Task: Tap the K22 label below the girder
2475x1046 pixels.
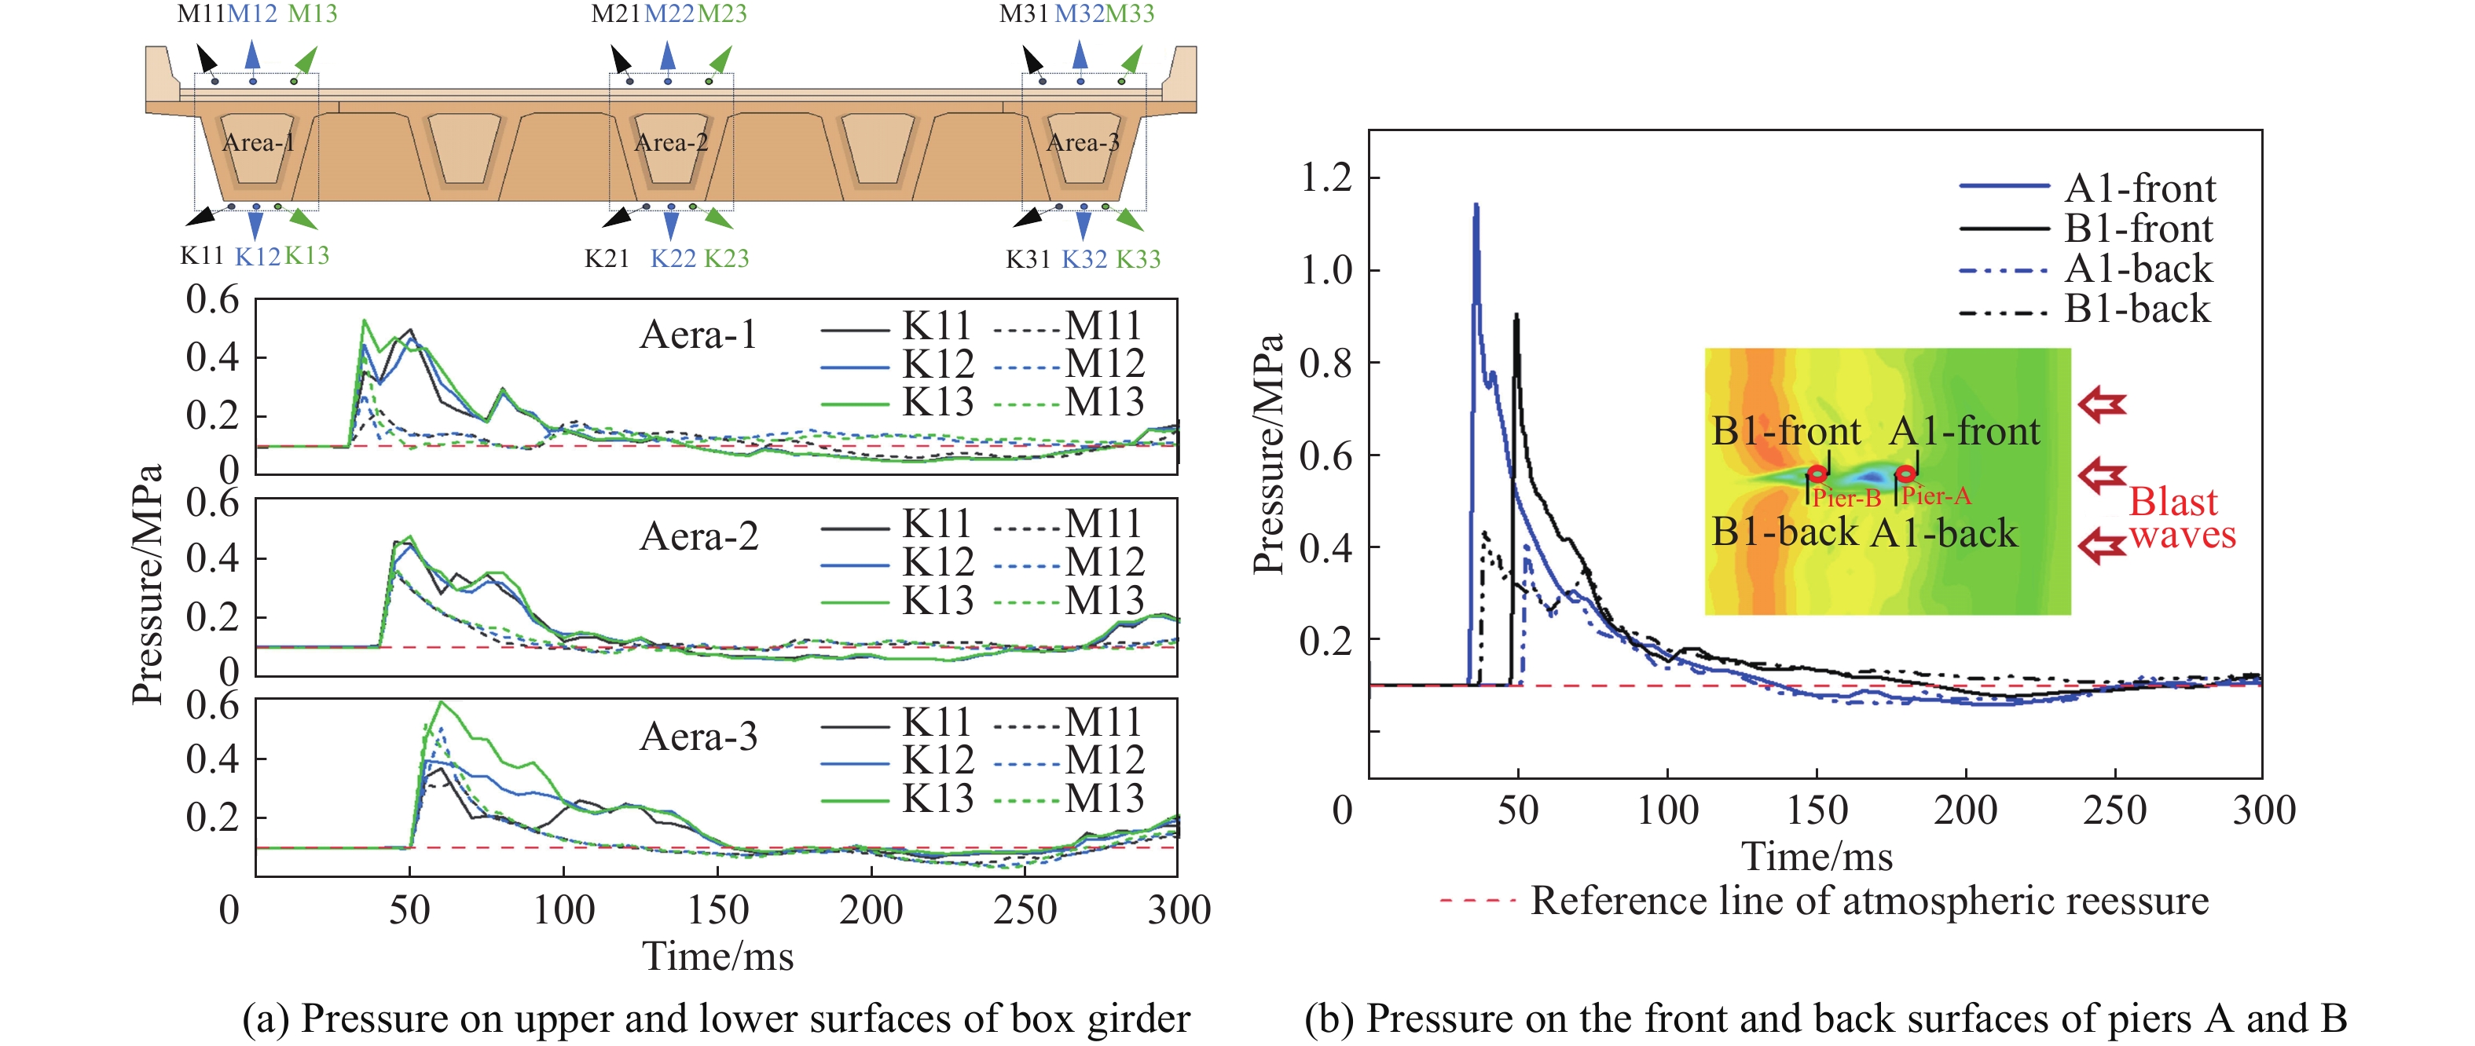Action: [673, 258]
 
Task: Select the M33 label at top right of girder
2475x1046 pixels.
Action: [1129, 13]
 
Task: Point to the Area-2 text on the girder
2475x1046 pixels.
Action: [671, 143]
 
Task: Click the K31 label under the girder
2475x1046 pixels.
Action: [1027, 259]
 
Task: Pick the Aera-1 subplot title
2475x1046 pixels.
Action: [698, 335]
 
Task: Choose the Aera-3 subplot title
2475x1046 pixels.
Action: [698, 737]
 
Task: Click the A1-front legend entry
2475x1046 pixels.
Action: [2139, 188]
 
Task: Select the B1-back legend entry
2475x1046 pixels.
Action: [2137, 309]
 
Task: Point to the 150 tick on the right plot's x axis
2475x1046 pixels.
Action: [1816, 810]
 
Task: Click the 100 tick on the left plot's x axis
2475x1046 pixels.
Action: [564, 909]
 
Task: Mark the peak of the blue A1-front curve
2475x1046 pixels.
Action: [1476, 206]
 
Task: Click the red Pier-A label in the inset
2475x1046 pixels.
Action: [1935, 496]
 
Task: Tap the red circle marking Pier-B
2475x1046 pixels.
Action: [1817, 474]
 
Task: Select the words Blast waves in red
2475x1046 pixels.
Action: [2181, 518]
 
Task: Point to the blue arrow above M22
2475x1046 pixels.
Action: [668, 55]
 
